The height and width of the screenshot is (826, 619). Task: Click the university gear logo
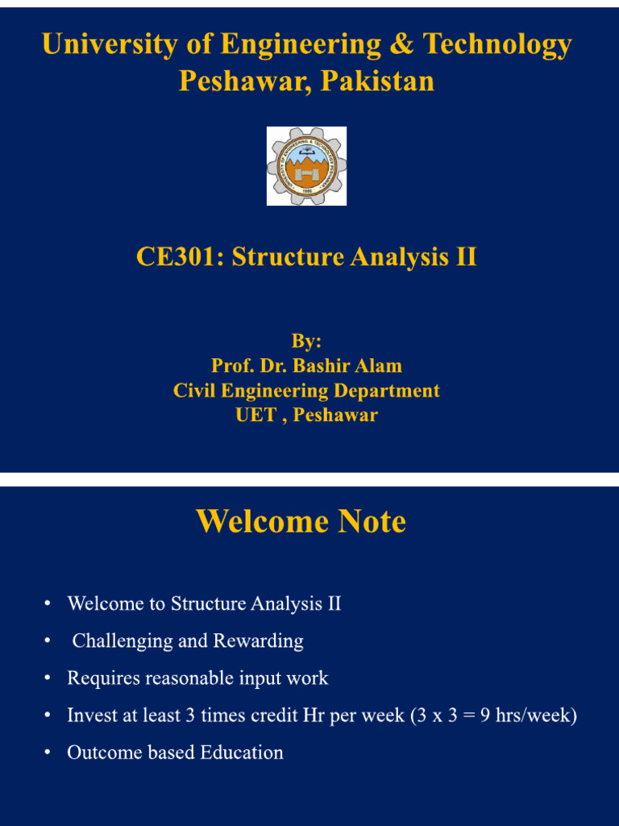click(x=306, y=166)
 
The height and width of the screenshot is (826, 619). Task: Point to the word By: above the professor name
click(x=306, y=341)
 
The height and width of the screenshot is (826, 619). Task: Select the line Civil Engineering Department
click(x=306, y=391)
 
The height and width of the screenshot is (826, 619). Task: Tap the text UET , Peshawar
click(x=306, y=415)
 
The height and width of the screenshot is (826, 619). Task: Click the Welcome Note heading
click(x=301, y=521)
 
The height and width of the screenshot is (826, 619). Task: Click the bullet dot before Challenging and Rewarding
click(x=48, y=641)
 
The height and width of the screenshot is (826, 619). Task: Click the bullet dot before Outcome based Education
click(x=48, y=753)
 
